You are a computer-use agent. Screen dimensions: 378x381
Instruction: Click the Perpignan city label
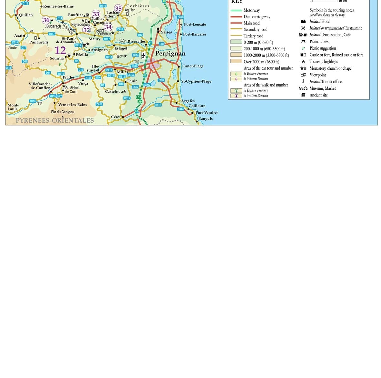click(x=170, y=54)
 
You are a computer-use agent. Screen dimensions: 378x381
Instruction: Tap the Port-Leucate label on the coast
click(x=195, y=24)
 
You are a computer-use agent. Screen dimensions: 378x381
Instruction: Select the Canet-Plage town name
click(x=193, y=66)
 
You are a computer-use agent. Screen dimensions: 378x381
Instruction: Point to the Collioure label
click(x=197, y=106)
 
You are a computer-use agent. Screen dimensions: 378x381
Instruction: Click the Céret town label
click(x=115, y=117)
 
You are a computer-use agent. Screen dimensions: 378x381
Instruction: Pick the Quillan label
click(x=26, y=15)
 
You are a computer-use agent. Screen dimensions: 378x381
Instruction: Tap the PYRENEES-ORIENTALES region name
click(x=55, y=121)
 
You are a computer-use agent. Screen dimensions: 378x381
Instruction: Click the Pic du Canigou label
click(x=63, y=112)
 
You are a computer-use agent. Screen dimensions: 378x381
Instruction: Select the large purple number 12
click(x=60, y=50)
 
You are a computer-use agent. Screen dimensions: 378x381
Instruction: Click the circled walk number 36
click(x=46, y=20)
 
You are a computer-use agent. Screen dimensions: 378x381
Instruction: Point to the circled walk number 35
click(x=118, y=9)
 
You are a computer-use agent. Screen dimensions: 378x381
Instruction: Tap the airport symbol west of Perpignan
click(x=144, y=55)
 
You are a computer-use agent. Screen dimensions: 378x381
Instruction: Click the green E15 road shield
click(x=139, y=97)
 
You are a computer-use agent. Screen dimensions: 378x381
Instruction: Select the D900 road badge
click(x=147, y=85)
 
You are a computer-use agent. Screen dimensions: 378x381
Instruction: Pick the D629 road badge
click(x=180, y=17)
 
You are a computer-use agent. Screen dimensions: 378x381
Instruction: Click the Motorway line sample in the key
click(x=236, y=10)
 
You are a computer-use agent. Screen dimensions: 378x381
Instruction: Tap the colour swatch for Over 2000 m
click(x=236, y=61)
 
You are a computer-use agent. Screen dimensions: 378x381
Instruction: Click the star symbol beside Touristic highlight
click(x=303, y=61)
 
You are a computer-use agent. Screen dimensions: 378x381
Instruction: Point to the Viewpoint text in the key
click(x=317, y=75)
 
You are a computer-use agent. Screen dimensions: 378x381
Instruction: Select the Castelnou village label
click(x=114, y=91)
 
